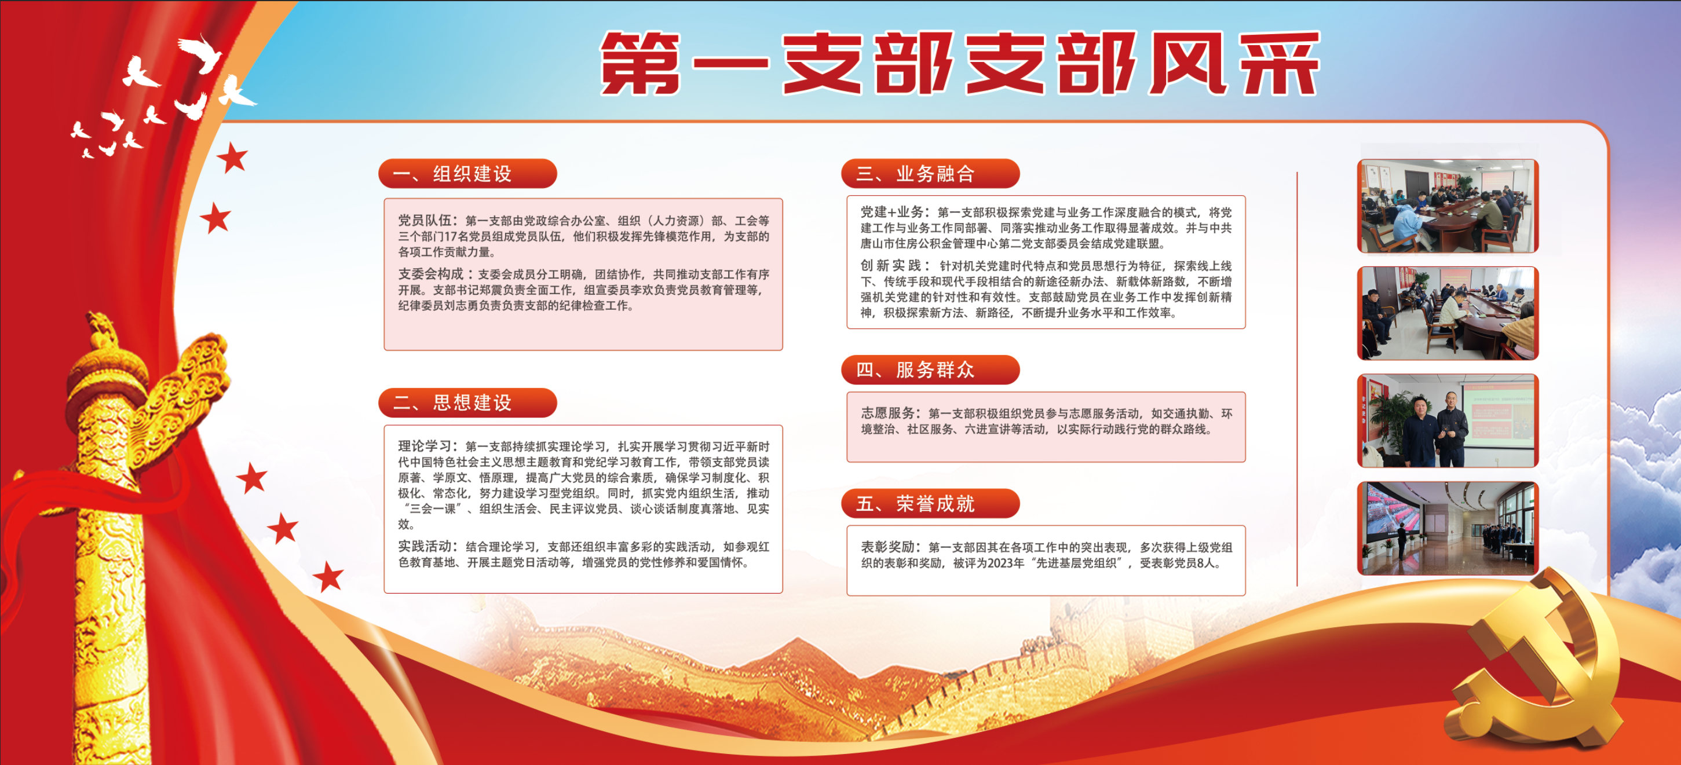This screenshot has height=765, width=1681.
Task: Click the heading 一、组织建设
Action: pyautogui.click(x=452, y=174)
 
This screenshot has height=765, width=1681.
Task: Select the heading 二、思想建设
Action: pyautogui.click(x=452, y=402)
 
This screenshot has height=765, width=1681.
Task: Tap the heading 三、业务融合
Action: pyautogui.click(x=916, y=174)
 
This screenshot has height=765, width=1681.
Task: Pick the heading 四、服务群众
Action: pyautogui.click(x=916, y=370)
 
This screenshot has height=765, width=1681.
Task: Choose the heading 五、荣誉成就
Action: pyautogui.click(x=916, y=503)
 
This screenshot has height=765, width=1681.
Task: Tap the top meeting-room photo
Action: pyautogui.click(x=1448, y=206)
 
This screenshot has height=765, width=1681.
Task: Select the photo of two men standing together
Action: pyautogui.click(x=1448, y=420)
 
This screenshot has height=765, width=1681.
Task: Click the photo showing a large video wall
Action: pyautogui.click(x=1448, y=528)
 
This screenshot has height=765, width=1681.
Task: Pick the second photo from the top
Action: pyautogui.click(x=1448, y=313)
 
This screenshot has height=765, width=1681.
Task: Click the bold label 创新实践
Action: pyautogui.click(x=890, y=265)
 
